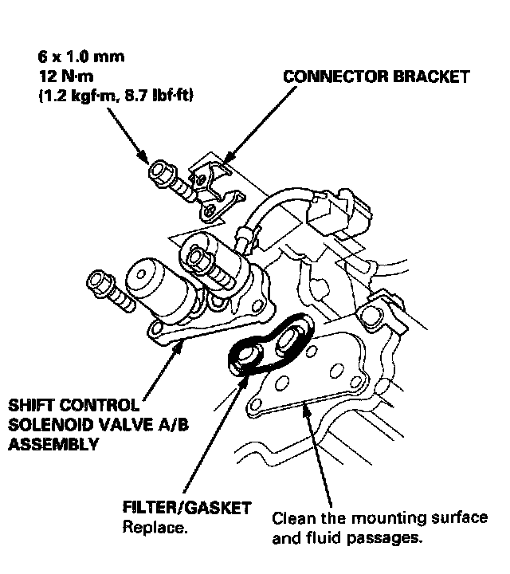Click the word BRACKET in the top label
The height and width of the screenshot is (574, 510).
point(430,77)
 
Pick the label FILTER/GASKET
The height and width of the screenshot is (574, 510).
point(186,508)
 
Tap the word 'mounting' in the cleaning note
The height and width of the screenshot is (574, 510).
point(379,518)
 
